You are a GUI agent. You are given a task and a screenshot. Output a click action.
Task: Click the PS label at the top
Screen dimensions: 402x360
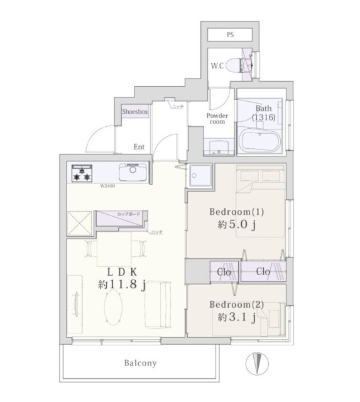(230, 36)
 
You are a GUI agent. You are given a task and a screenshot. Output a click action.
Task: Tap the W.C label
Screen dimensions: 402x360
(217, 64)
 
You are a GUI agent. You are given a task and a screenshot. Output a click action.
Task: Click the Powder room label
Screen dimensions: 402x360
(217, 118)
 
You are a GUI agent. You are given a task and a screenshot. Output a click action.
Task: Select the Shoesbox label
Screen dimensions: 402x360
(135, 111)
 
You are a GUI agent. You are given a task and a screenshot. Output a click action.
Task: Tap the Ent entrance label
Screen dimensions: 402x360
(139, 147)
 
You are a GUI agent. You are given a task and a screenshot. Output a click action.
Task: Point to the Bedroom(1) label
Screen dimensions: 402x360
(237, 211)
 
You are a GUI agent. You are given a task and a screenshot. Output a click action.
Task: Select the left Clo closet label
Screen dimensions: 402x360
(224, 272)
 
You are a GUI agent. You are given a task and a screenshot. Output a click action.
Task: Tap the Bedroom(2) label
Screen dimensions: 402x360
(237, 305)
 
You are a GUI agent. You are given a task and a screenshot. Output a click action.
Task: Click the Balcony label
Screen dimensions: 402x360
(139, 363)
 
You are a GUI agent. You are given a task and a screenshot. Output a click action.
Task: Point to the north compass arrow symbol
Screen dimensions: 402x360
(256, 363)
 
